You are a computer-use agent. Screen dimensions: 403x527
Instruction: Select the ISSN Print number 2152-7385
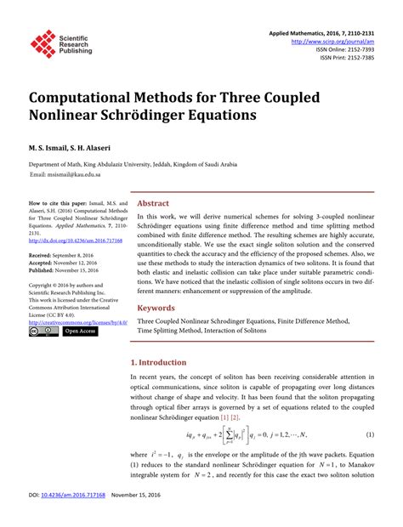[x=360, y=59]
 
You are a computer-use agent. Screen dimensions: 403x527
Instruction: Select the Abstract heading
[x=153, y=204]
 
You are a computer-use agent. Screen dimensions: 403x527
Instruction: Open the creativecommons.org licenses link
[x=78, y=322]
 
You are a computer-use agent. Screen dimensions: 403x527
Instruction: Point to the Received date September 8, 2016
[x=80, y=255]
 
